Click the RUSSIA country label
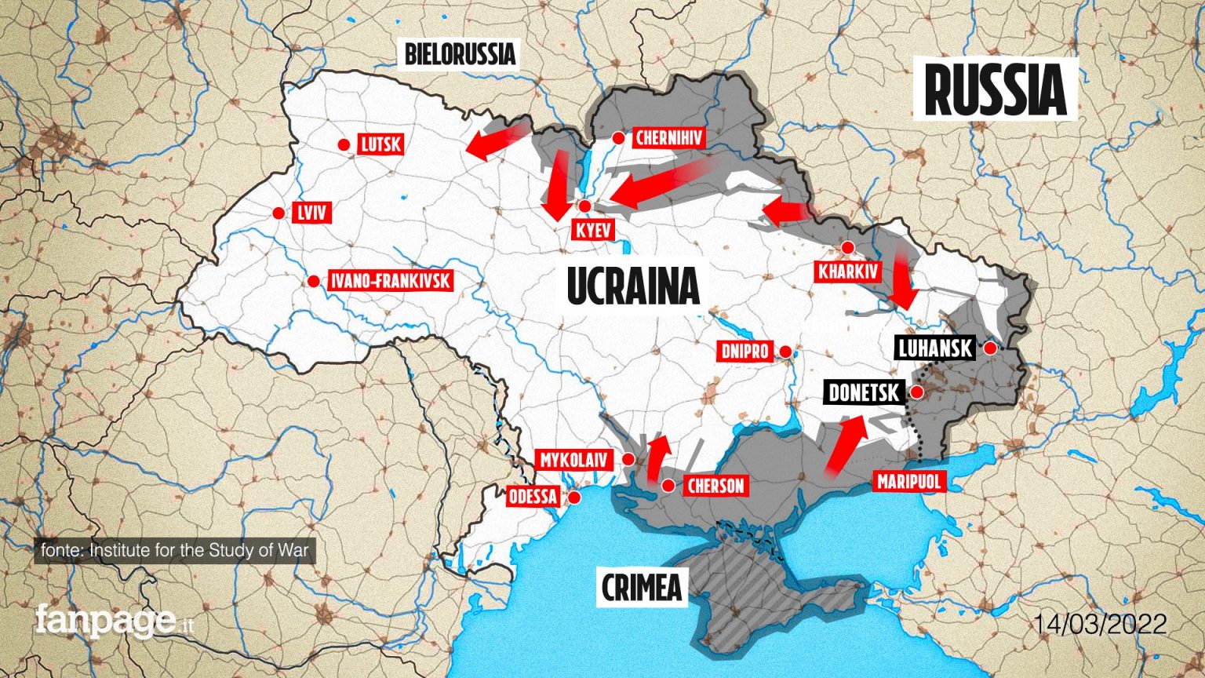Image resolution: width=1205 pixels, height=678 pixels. (995, 89)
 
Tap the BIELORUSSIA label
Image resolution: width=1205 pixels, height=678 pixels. (459, 54)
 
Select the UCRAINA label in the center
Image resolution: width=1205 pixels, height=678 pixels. (632, 286)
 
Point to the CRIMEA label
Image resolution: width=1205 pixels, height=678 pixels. (641, 587)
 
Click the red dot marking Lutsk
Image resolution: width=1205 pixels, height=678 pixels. (344, 144)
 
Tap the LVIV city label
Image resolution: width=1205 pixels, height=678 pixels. (311, 213)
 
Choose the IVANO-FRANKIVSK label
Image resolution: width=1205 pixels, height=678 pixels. (390, 281)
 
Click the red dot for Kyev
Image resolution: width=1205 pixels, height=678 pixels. (584, 206)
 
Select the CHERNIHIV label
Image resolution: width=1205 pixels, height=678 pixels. (669, 139)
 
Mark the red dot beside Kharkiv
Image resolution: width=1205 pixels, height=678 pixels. (847, 248)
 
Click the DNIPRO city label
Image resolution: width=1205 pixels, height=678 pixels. (744, 351)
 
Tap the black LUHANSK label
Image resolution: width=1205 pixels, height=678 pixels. (934, 348)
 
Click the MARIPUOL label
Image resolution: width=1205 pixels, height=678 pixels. (909, 481)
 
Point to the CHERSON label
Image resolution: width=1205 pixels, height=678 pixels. (715, 486)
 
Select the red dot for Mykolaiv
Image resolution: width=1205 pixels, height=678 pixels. (628, 459)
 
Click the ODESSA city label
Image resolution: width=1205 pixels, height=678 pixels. (533, 496)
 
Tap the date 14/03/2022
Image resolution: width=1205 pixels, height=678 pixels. (1099, 625)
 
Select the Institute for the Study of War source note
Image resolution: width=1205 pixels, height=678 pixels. (175, 550)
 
